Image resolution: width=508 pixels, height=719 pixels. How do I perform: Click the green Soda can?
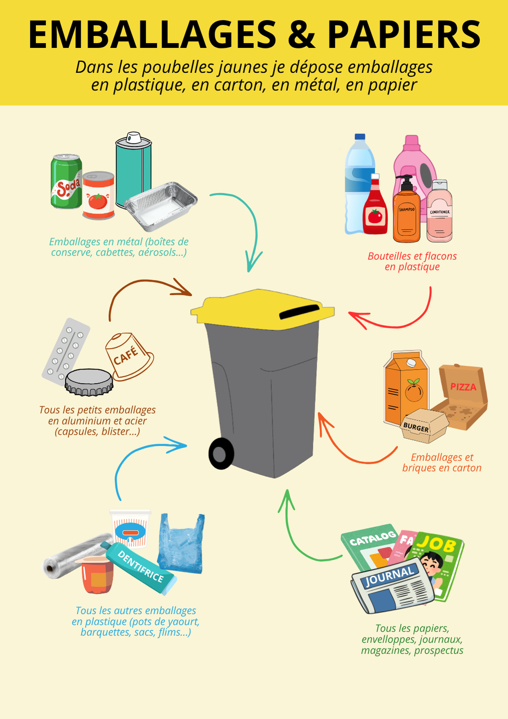pyautogui.click(x=67, y=182)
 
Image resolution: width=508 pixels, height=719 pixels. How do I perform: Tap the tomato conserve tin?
pyautogui.click(x=99, y=196)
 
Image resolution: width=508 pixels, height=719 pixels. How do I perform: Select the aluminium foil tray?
pyautogui.click(x=161, y=207)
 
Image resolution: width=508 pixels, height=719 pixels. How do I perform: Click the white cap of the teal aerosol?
pyautogui.click(x=134, y=138)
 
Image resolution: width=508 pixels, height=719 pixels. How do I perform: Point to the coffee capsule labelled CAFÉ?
pyautogui.click(x=129, y=356)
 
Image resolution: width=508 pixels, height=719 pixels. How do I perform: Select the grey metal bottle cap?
pyautogui.click(x=89, y=382)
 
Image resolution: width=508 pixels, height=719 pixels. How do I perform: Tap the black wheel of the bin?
pyautogui.click(x=221, y=453)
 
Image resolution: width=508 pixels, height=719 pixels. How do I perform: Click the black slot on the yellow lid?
pyautogui.click(x=300, y=312)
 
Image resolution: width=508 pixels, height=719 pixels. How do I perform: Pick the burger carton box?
pyautogui.click(x=424, y=426)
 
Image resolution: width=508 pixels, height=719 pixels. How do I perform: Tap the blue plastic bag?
pyautogui.click(x=181, y=544)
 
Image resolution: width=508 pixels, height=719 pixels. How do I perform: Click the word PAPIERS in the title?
pyautogui.click(x=404, y=35)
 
